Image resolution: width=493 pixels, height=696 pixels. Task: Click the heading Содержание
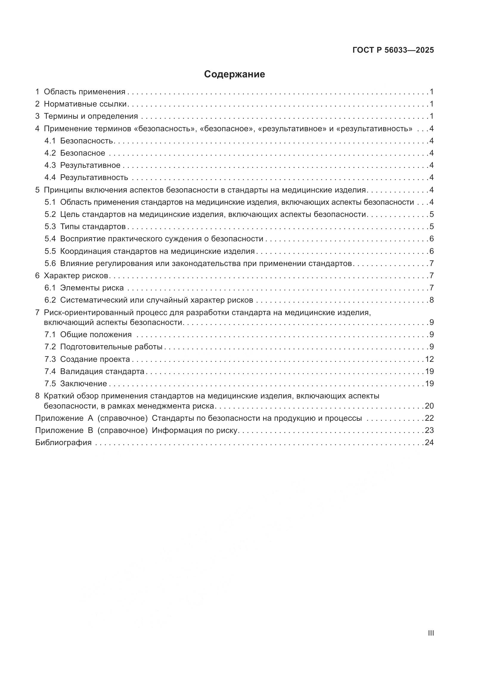[x=234, y=74]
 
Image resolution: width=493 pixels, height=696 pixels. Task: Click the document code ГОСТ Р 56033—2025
[x=393, y=50]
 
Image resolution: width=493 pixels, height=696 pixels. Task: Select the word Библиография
[x=63, y=442]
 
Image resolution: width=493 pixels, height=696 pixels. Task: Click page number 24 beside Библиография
[x=429, y=442]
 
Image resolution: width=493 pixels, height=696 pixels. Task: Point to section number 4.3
[x=50, y=165]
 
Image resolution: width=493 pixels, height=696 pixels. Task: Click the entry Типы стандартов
[x=93, y=226]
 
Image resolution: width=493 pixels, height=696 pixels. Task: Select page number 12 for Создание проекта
[x=429, y=359]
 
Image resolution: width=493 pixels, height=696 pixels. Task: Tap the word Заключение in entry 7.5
[x=83, y=384]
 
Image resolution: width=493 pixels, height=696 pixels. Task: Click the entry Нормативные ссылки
[x=85, y=104]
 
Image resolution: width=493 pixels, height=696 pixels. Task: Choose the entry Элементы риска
[x=92, y=288]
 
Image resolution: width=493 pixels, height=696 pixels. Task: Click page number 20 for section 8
[x=429, y=406]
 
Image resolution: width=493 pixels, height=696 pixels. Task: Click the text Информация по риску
[x=194, y=431]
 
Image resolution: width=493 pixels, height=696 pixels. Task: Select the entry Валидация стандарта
[x=102, y=371]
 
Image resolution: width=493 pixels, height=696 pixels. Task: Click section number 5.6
[x=50, y=263]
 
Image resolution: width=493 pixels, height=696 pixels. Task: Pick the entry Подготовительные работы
[x=111, y=347]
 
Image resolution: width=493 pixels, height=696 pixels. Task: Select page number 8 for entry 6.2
[x=431, y=300]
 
